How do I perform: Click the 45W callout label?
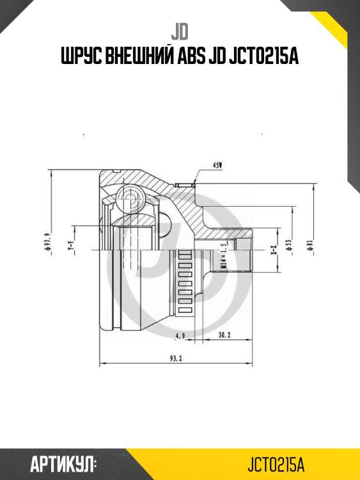click(218, 166)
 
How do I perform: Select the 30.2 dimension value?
click(224, 334)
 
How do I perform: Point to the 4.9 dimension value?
click(180, 334)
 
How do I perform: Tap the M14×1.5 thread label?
click(224, 254)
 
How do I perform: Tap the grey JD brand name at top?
click(179, 31)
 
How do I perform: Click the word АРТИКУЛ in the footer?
click(63, 463)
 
